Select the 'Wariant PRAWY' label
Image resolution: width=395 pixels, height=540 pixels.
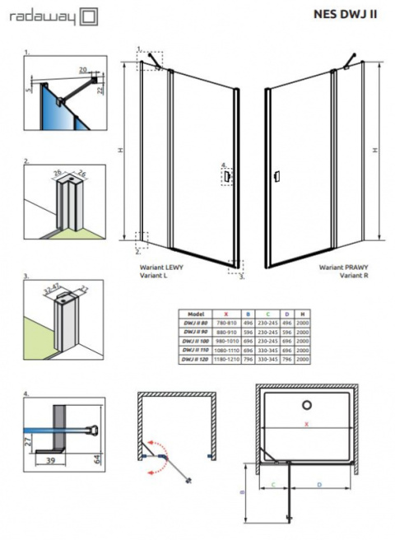346,269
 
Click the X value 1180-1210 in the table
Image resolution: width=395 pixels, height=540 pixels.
225,360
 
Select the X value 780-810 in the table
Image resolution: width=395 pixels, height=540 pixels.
225,323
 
